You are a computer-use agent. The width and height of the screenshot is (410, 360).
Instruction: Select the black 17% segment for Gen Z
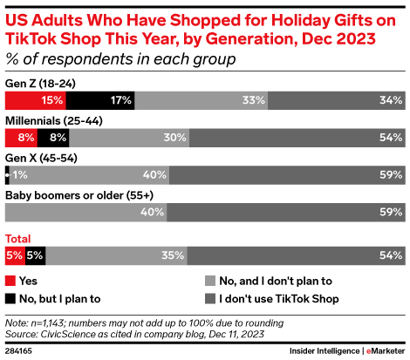coord(104,100)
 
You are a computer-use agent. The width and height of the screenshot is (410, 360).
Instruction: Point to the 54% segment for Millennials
coord(297,137)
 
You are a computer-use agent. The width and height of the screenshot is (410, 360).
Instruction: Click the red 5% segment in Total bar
coord(15,255)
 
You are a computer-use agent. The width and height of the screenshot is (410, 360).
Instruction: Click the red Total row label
coord(19,238)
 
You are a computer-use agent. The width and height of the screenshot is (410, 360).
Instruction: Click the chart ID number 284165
coord(19,350)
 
